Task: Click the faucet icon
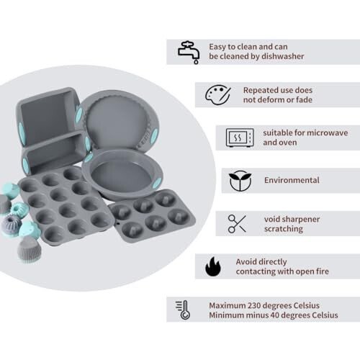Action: point(188,50)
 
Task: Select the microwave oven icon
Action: point(240,137)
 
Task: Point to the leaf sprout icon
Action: point(240,180)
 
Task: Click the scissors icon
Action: point(238,223)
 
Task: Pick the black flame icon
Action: point(213,267)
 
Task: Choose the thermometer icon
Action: point(183,310)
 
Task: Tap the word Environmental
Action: point(292,180)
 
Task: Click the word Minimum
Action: point(230,315)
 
